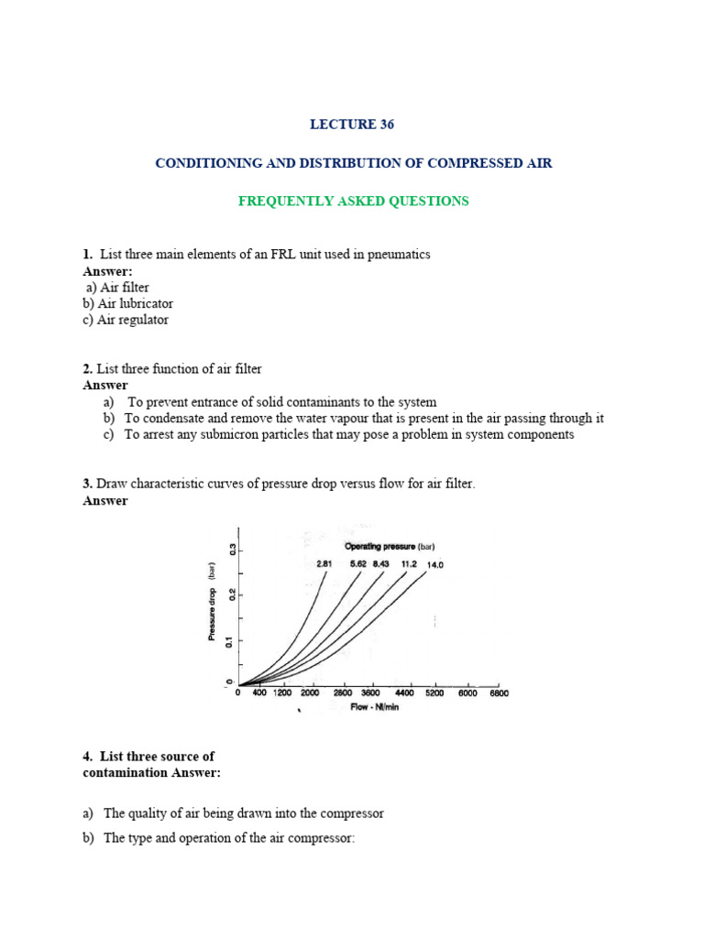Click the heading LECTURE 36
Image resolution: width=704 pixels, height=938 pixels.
point(353,125)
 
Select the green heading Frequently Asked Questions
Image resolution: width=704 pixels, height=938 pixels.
point(353,201)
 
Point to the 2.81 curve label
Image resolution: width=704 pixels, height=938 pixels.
point(324,564)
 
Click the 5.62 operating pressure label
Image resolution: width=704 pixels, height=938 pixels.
point(357,564)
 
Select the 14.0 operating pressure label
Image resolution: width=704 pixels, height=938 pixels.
point(433,565)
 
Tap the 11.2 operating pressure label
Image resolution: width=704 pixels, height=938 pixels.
point(408,564)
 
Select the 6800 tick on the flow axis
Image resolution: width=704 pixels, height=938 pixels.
point(498,693)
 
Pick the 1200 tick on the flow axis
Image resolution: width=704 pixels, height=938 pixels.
point(282,693)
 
